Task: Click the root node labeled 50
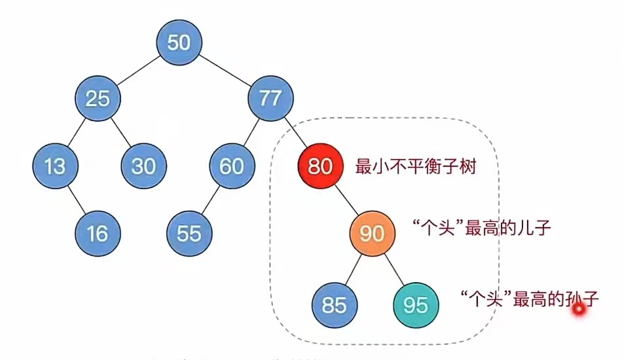[179, 43]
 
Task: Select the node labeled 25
[98, 99]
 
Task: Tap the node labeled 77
[270, 99]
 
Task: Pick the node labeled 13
[56, 166]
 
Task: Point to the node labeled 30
[143, 166]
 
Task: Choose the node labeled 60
[232, 166]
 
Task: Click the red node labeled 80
[320, 166]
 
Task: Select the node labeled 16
[98, 233]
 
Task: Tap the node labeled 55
[189, 233]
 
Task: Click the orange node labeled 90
[372, 233]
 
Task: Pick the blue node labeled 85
[335, 305]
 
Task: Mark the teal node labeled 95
[416, 305]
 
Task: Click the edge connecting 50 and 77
[225, 71]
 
